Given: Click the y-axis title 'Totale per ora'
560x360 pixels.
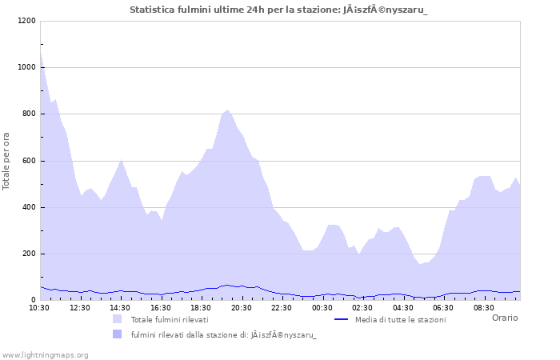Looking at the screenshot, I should coord(6,160).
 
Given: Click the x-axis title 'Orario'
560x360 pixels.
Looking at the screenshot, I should coord(504,318).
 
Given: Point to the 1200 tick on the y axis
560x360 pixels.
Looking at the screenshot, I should coord(26,21).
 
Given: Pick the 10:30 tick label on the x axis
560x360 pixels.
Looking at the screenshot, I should coord(39,307).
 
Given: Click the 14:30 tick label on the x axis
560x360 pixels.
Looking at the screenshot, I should coord(120,307).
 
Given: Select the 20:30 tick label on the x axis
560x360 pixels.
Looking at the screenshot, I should coord(242,307).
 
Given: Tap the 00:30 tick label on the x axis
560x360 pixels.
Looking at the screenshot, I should coord(322,307).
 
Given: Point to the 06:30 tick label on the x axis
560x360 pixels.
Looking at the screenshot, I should coord(443,307).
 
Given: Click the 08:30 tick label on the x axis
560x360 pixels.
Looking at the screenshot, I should coord(484,307).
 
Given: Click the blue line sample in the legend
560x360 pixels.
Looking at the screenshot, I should coord(342,319).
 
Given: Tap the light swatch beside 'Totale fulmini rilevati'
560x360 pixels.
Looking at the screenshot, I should coord(118,319).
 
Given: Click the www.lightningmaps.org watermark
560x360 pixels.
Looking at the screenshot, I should coord(45,354).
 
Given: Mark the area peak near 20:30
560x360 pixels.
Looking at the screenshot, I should coord(228,111).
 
